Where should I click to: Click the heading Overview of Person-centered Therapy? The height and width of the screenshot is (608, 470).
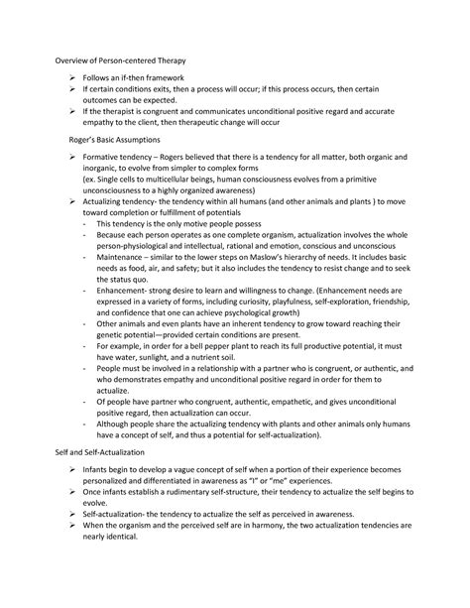[x=120, y=61]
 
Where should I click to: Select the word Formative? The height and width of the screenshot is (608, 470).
[x=110, y=159]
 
